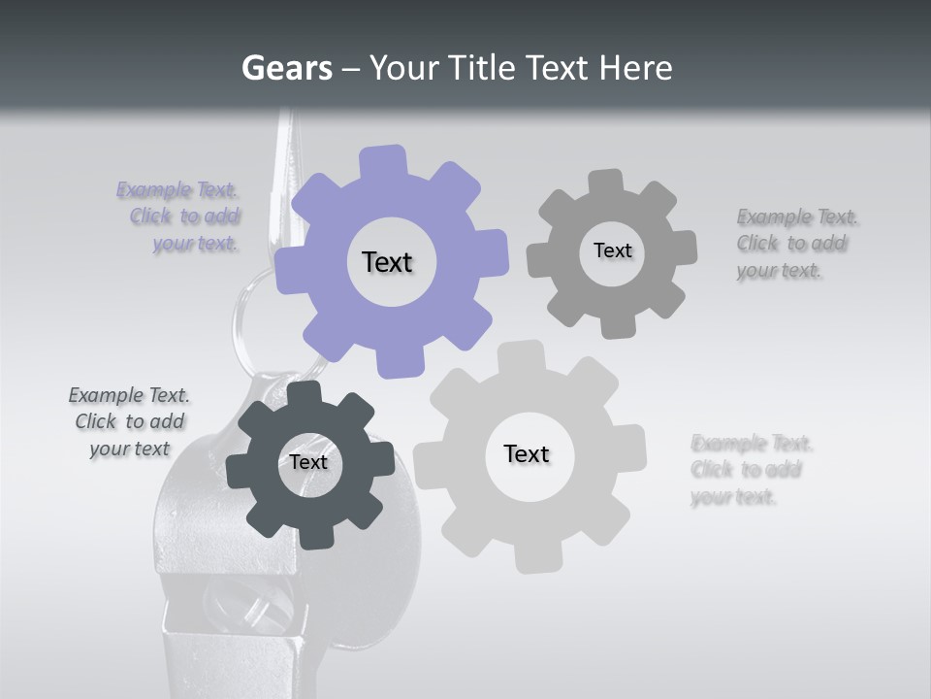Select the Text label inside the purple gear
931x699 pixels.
click(x=387, y=262)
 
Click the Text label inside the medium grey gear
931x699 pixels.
click(x=612, y=250)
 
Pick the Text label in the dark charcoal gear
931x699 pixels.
click(x=308, y=463)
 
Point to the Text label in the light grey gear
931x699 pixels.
click(x=527, y=454)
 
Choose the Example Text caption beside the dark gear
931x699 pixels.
click(x=130, y=421)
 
